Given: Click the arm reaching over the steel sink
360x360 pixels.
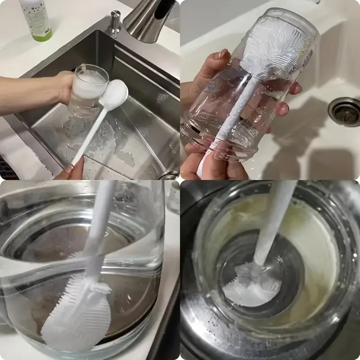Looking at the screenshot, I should point(27,92).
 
